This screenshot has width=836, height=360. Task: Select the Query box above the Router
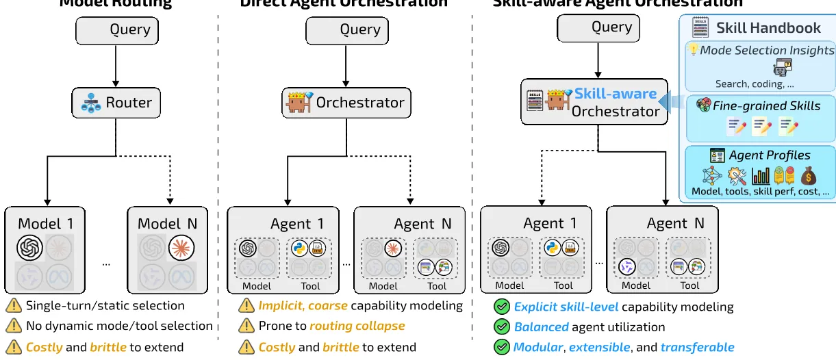click(x=117, y=31)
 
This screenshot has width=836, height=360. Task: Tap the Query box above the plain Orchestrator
click(x=346, y=30)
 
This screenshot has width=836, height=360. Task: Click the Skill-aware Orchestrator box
click(x=594, y=102)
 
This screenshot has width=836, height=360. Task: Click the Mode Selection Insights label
click(x=767, y=50)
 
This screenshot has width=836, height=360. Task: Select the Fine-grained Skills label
click(x=766, y=106)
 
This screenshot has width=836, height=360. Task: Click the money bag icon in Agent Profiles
click(x=808, y=176)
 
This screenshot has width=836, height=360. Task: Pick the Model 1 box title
click(x=46, y=224)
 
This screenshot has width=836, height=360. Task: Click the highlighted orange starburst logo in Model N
click(x=181, y=247)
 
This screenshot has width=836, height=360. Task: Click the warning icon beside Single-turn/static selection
click(x=13, y=306)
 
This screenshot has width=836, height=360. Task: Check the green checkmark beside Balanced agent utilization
click(x=502, y=327)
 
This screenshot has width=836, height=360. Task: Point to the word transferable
click(x=697, y=347)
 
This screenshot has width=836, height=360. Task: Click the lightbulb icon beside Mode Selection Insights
click(x=693, y=50)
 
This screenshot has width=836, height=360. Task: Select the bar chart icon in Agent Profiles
click(x=760, y=176)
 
